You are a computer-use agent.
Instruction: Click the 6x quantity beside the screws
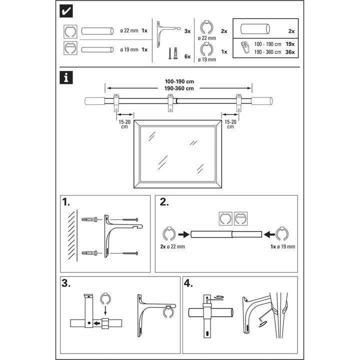[187, 57]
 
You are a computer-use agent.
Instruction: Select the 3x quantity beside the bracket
[187, 31]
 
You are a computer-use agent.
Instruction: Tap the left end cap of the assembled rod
[95, 101]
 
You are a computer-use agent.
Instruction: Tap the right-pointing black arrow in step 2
[183, 234]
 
